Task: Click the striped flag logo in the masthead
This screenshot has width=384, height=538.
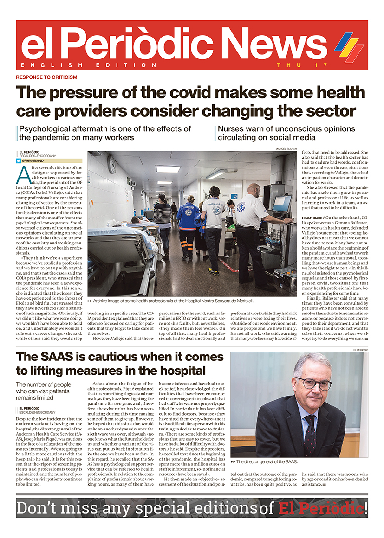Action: [x=349, y=46]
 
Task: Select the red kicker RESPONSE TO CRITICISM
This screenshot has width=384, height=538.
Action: [x=46, y=77]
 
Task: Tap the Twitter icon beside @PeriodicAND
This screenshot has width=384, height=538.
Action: [x=18, y=161]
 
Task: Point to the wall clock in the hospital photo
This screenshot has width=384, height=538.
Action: [x=112, y=164]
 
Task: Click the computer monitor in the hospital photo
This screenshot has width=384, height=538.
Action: [x=281, y=204]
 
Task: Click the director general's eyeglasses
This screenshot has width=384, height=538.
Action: [x=313, y=383]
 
